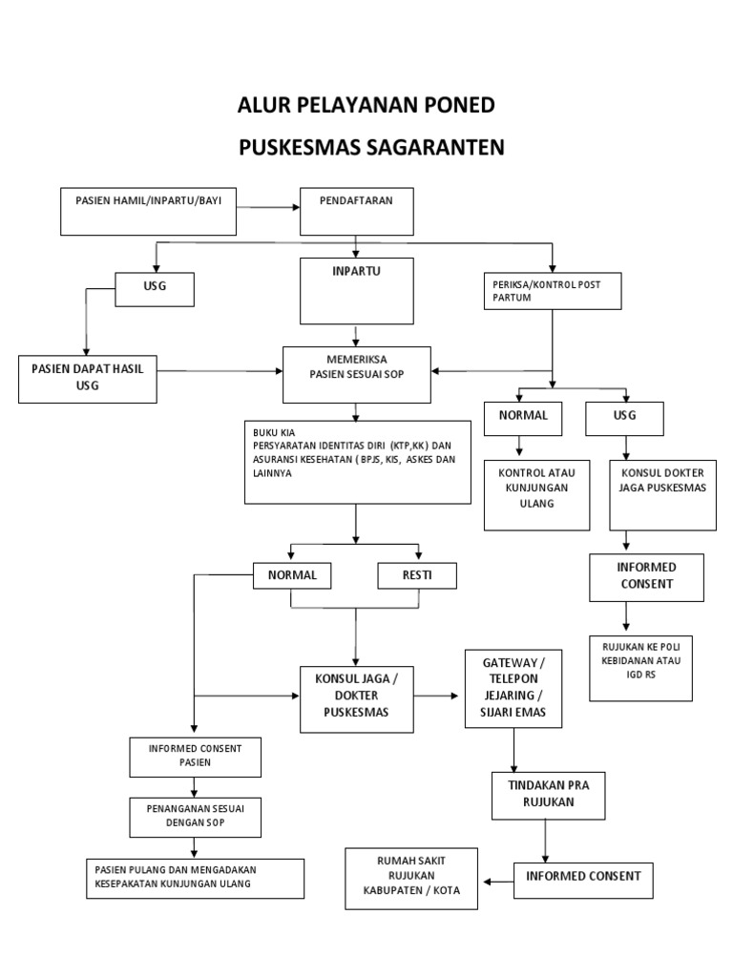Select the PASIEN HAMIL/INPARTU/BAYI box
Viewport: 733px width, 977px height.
[x=148, y=211]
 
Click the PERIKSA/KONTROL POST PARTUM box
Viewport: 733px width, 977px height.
[x=552, y=291]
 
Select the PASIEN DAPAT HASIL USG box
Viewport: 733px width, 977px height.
[x=87, y=378]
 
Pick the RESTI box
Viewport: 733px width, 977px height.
[x=417, y=575]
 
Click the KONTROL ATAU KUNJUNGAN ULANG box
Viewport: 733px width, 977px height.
[x=536, y=495]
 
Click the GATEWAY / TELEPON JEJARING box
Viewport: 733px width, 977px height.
[x=514, y=689]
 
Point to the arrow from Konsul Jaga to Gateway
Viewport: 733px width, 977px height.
[x=438, y=696]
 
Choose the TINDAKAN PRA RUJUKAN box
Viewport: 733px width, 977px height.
[x=547, y=796]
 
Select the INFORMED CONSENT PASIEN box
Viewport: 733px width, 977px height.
[x=194, y=756]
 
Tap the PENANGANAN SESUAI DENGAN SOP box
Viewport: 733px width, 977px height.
[x=195, y=817]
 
